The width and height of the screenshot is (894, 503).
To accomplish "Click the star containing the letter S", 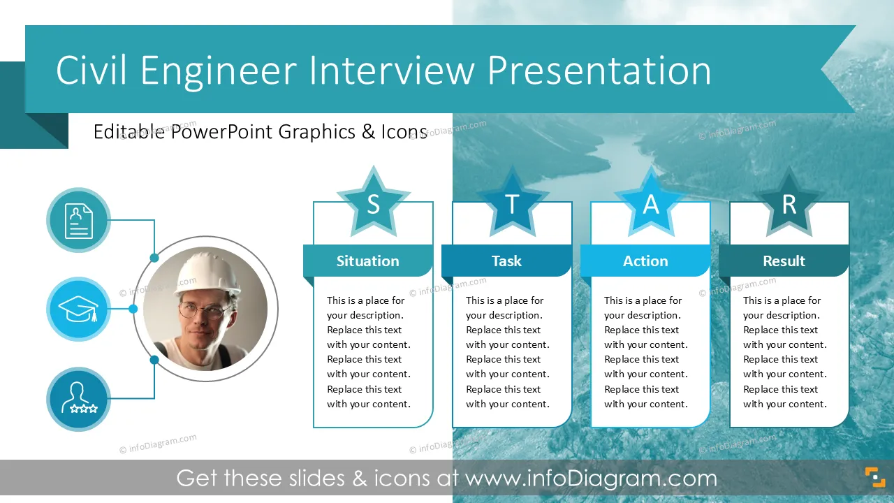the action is [373, 203].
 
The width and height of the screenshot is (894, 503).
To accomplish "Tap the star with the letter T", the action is [512, 203].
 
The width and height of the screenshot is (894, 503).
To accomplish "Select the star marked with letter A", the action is [651, 203].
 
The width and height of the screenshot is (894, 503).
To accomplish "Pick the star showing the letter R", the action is [789, 203].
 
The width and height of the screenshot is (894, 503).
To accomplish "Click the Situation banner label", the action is [367, 261].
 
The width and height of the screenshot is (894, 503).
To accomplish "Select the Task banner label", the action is [506, 261].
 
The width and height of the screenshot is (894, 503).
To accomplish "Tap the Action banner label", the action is [645, 261].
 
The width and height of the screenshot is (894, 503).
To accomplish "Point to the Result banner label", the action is [784, 261].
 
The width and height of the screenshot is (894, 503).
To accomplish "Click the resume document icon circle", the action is [79, 220].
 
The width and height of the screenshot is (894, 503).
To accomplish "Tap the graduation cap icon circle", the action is [79, 309].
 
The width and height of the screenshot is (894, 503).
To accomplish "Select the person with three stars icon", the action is [79, 399].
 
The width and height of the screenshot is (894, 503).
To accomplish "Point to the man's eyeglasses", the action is [202, 310].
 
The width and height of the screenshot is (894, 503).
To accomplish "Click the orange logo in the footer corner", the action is [875, 477].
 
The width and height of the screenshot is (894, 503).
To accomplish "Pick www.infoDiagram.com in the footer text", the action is [591, 478].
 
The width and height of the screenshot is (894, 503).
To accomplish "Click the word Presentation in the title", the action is [599, 71].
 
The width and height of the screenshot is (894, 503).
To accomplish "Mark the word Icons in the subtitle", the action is [404, 132].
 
